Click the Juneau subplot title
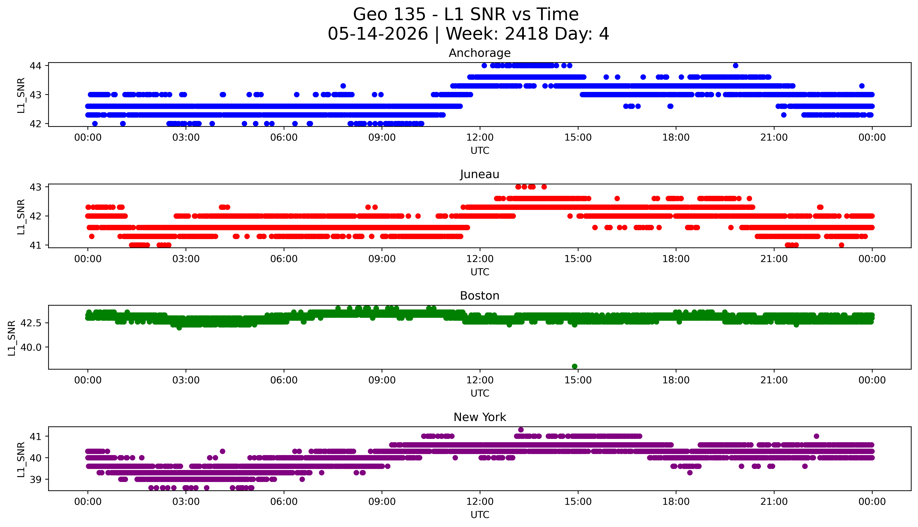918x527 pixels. tap(480, 174)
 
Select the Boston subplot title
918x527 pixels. tap(480, 296)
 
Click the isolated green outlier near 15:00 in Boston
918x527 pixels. tap(574, 366)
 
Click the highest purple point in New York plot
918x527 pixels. tap(521, 430)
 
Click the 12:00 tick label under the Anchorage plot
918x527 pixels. tap(480, 138)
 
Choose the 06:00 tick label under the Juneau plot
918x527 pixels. tap(284, 259)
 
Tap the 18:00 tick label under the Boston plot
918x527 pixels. tap(676, 380)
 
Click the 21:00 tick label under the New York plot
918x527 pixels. tap(774, 502)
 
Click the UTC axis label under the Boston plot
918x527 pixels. tap(480, 393)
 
